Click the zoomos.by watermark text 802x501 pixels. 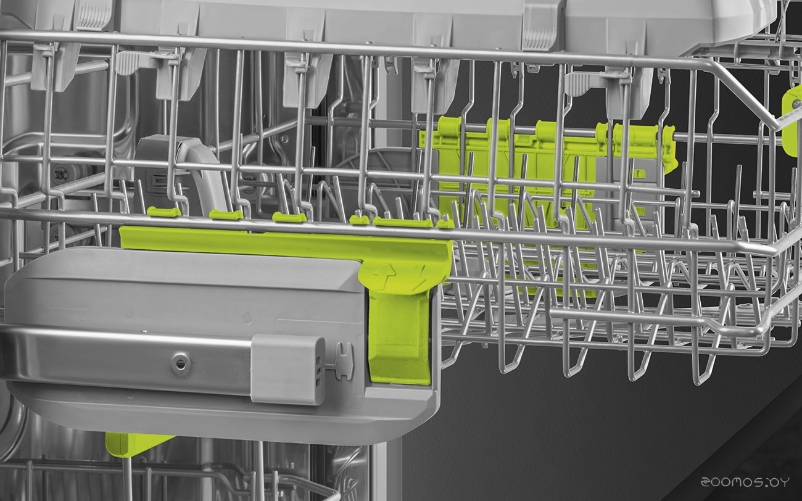click(745, 482)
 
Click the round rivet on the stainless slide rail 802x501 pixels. click(180, 363)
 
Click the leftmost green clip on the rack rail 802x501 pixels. click(164, 212)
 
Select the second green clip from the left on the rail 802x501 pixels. click(226, 215)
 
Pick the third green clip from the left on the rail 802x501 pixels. click(289, 217)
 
